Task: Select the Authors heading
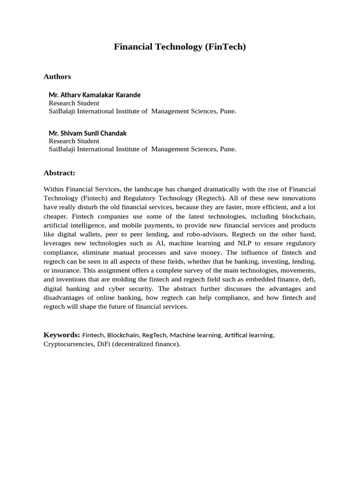tap(57, 76)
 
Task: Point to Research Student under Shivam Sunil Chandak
tap(74, 141)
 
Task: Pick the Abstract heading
tap(60, 173)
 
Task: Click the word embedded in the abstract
tap(245, 279)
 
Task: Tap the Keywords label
tap(62, 335)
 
